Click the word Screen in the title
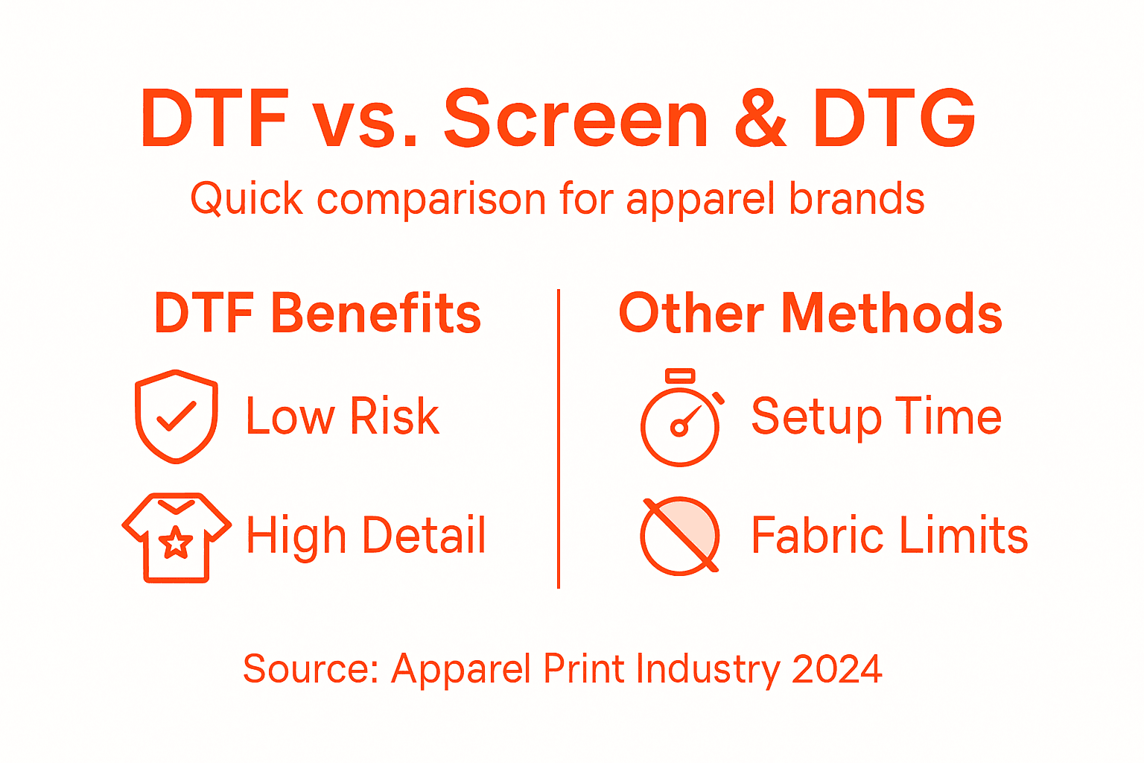pos(576,119)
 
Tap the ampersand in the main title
pos(760,119)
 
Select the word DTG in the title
pos(894,119)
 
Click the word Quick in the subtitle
pos(247,200)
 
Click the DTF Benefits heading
pos(317,313)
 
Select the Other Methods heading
pos(810,313)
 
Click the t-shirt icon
pos(177,536)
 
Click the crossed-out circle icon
pos(680,535)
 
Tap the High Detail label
pos(366,535)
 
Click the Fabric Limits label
pos(889,535)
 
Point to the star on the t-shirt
pos(176,542)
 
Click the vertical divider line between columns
pos(559,440)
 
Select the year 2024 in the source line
pos(837,668)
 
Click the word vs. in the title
pos(364,119)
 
